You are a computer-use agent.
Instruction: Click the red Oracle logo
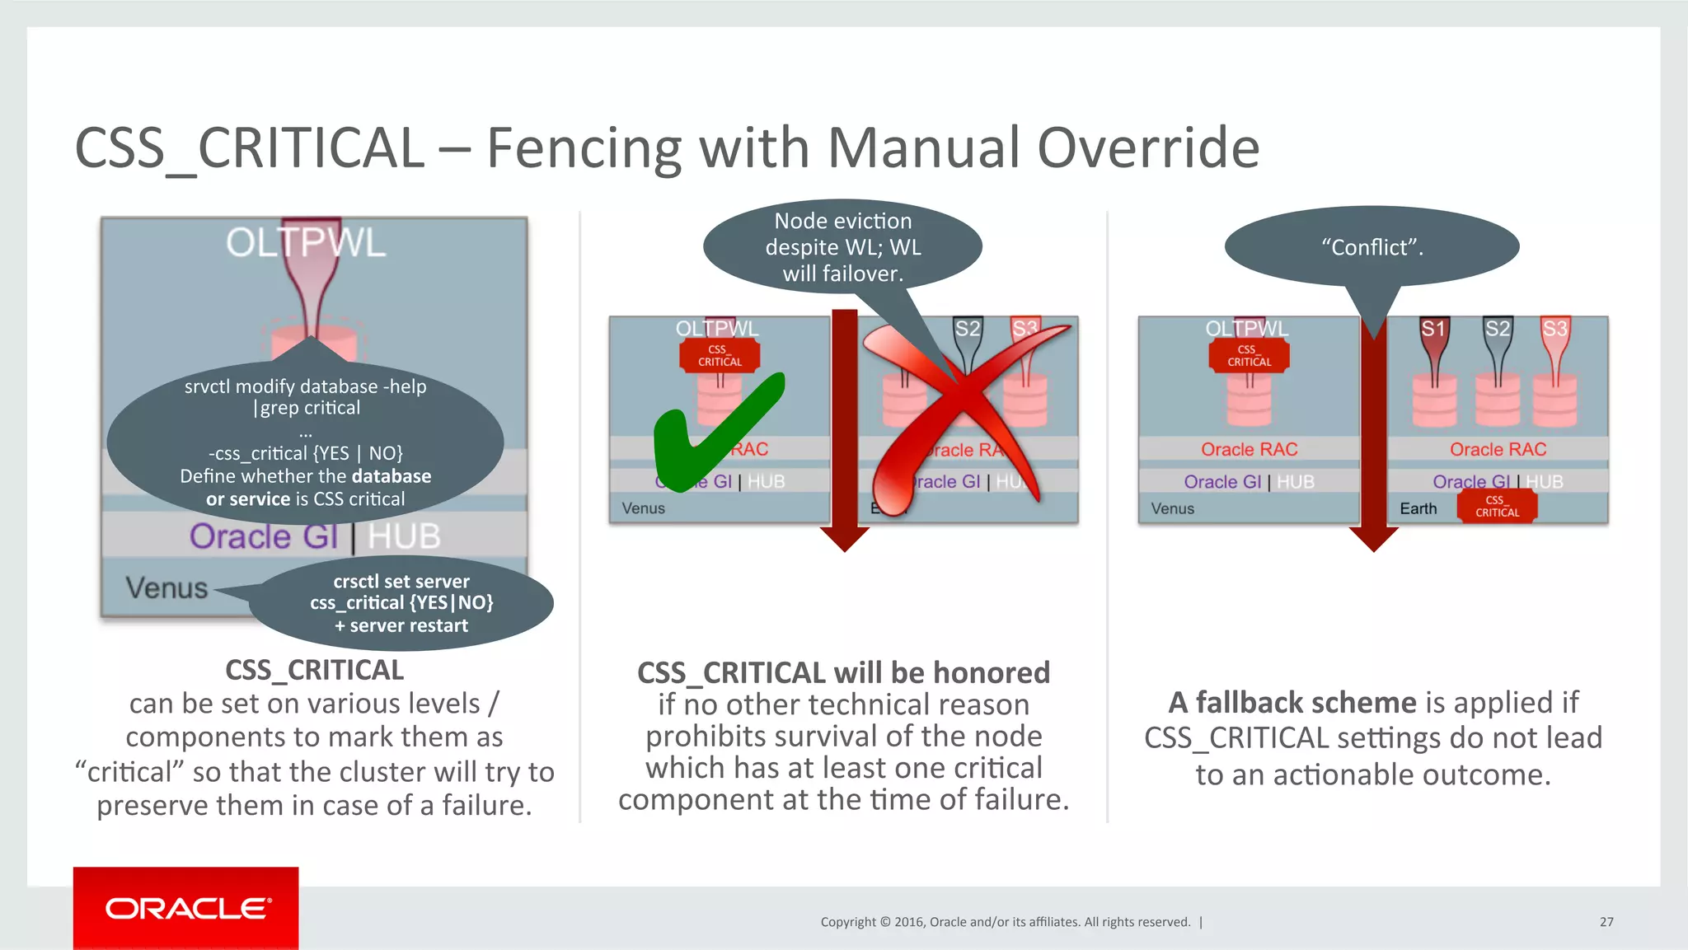click(x=186, y=908)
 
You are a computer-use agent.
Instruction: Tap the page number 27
click(x=1606, y=922)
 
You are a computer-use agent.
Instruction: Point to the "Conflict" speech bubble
click(x=1371, y=246)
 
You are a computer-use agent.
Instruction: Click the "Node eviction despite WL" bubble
click(x=842, y=246)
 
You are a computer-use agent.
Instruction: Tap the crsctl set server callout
click(x=401, y=603)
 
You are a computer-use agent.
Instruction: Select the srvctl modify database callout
click(x=306, y=442)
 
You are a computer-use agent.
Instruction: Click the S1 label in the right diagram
click(x=1433, y=330)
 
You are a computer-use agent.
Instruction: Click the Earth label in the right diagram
click(x=1418, y=508)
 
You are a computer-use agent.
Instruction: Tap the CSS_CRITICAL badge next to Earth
click(x=1497, y=506)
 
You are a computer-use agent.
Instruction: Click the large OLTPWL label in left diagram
click(x=306, y=243)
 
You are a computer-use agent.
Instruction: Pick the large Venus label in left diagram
click(x=166, y=587)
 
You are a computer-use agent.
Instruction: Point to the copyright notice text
click(x=1006, y=922)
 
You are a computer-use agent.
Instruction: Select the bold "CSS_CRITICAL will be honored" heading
click(x=843, y=672)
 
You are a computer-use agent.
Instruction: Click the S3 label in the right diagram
click(x=1554, y=330)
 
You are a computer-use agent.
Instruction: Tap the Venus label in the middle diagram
click(x=643, y=508)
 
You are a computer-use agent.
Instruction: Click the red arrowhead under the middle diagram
click(x=845, y=540)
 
